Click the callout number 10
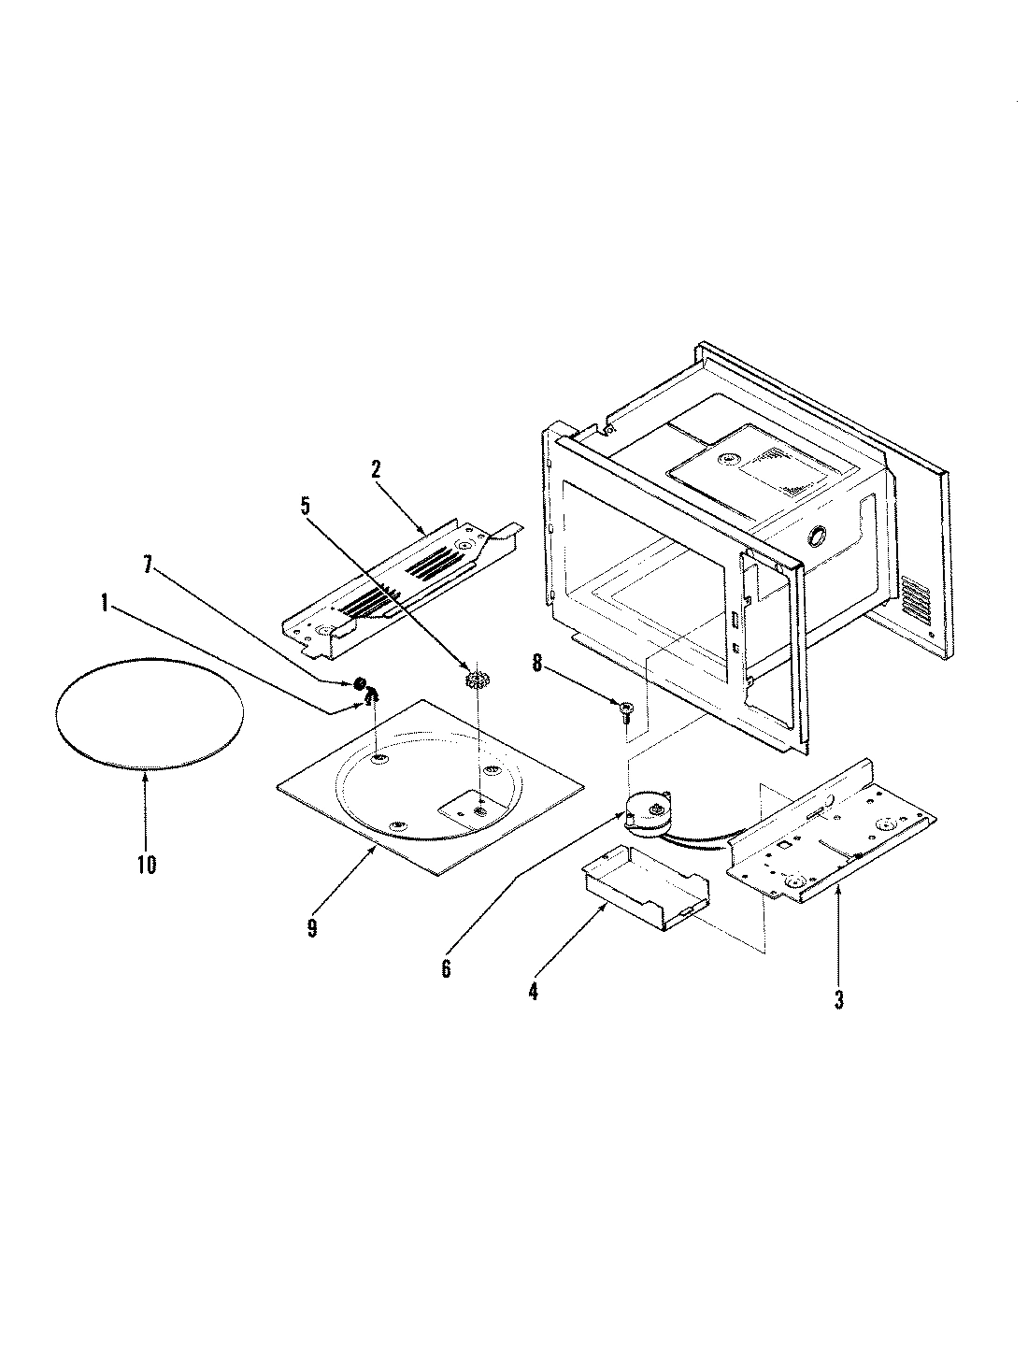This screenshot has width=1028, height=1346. (146, 864)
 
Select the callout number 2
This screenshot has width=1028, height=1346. (376, 469)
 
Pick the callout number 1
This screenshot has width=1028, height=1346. (105, 605)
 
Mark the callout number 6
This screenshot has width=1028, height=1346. (446, 968)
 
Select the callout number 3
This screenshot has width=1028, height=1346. (838, 999)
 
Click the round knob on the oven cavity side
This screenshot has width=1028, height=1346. (816, 537)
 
